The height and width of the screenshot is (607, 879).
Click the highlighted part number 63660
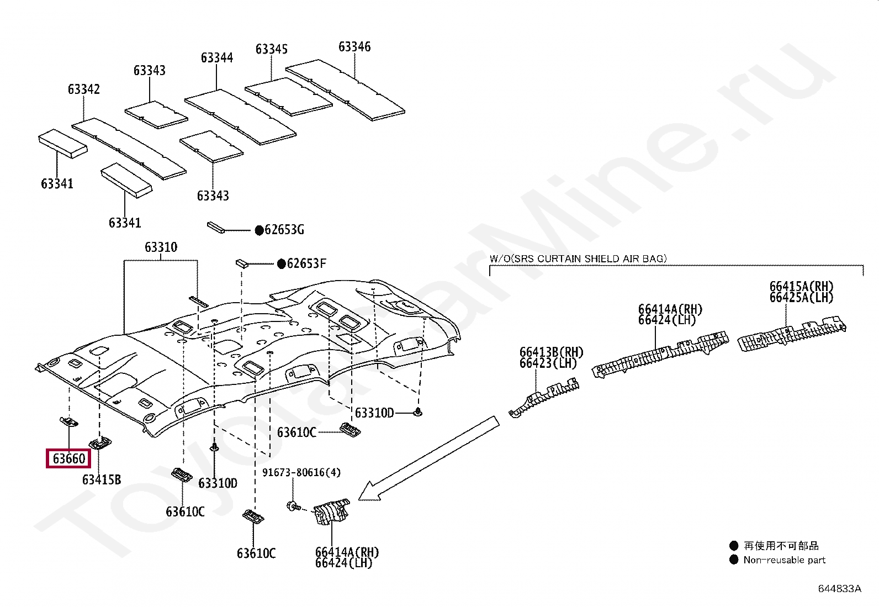point(69,458)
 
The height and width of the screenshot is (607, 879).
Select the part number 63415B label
point(102,480)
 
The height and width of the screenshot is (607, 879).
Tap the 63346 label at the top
point(354,47)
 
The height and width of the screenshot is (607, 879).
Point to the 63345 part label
point(272,50)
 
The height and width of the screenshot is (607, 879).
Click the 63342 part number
point(84,89)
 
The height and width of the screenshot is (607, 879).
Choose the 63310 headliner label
point(161,247)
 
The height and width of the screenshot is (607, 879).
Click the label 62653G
point(284,230)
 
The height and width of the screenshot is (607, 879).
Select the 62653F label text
point(306,263)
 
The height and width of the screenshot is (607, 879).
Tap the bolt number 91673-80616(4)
point(301,472)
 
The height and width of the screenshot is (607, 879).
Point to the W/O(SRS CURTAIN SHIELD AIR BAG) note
point(578,258)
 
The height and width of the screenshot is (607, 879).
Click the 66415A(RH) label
point(801,287)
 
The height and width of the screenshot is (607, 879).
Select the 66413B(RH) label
point(551,352)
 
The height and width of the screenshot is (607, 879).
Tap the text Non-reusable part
point(784,560)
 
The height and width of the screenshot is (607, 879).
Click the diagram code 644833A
point(839,589)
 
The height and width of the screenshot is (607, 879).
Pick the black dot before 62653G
point(259,230)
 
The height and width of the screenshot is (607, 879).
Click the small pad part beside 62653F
point(242,262)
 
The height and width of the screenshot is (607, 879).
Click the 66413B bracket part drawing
point(544,397)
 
